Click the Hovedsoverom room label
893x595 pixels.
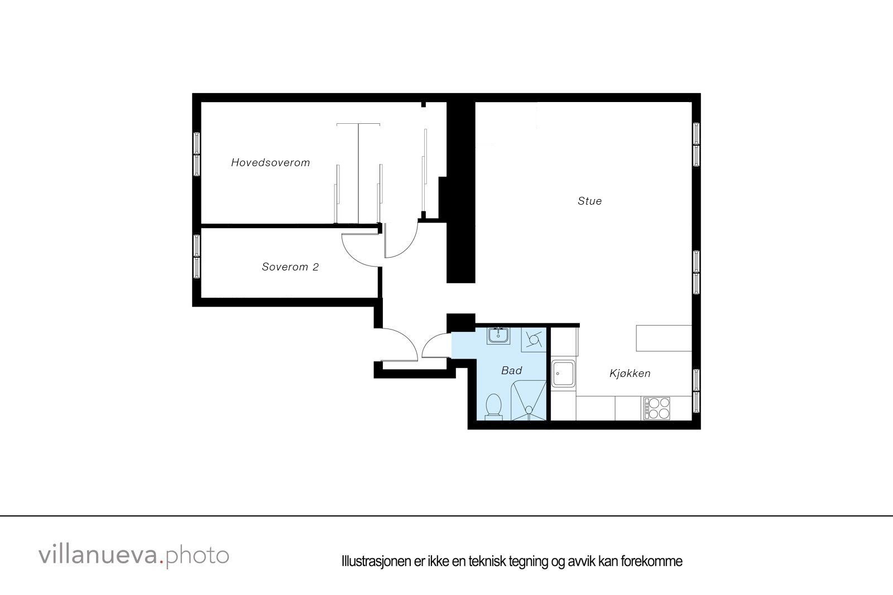pos(270,163)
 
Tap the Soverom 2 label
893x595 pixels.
pos(290,267)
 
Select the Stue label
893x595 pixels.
pos(589,201)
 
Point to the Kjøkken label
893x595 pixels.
pos(630,374)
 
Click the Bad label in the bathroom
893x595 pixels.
pos(511,370)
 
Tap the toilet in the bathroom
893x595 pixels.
pos(494,405)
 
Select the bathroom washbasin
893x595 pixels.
pos(498,335)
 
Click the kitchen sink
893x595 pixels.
pos(564,374)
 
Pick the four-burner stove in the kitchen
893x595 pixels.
pos(656,408)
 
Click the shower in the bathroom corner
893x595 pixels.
pos(529,400)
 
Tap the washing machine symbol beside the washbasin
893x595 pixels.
pos(534,340)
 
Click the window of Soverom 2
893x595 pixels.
pos(197,257)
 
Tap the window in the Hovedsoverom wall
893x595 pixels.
pos(197,154)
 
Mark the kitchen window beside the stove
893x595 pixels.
pos(696,391)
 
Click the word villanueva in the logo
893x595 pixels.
pos(98,555)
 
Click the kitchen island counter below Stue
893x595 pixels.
pos(664,338)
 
